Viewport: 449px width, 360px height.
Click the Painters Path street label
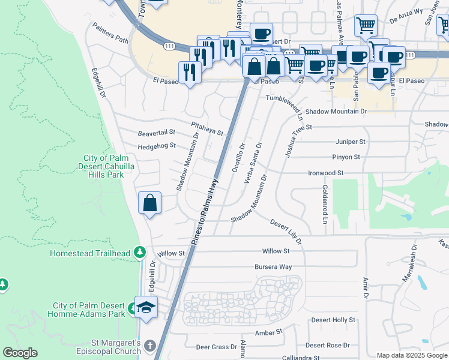tap(110, 34)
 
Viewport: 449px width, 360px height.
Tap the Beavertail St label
tap(156, 132)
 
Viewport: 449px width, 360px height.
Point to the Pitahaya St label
tap(207, 128)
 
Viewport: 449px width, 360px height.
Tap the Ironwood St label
tap(326, 173)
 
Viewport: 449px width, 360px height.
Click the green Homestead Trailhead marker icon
tap(140, 252)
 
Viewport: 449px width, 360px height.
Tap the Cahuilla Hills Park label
tap(103, 166)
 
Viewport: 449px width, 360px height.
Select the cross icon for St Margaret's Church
tap(149, 346)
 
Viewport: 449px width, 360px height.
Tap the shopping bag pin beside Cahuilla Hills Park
tap(149, 203)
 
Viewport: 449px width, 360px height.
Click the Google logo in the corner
tap(20, 353)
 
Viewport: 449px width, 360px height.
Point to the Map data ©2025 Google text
tap(411, 355)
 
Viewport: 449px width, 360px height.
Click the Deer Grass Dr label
tap(217, 347)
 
